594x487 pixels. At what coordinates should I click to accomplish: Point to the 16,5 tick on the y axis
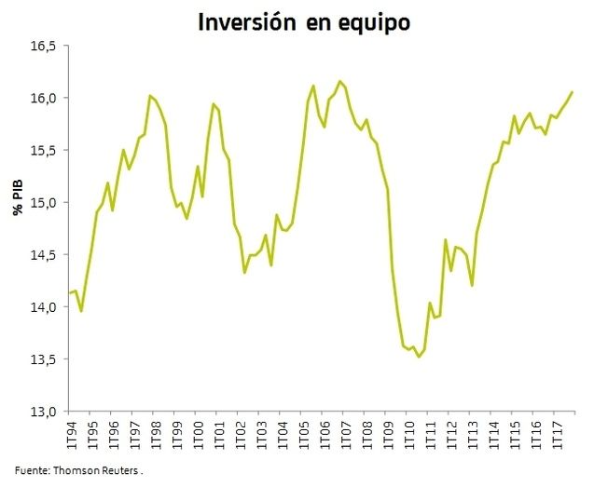click(x=43, y=46)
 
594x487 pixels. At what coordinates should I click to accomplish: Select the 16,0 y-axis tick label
click(x=43, y=98)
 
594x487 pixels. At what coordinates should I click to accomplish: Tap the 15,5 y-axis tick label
click(x=43, y=150)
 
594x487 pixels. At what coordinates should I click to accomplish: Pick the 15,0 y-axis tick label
click(x=43, y=202)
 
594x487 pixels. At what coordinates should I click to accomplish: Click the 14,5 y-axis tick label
click(x=43, y=254)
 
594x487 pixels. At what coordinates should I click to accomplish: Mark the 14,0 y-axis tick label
click(x=43, y=306)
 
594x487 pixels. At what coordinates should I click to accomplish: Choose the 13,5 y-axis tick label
click(x=43, y=358)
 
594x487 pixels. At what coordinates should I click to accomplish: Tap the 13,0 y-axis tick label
click(x=43, y=411)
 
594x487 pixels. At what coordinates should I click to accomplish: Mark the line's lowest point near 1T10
click(x=419, y=357)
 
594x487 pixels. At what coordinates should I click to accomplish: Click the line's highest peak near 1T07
click(x=339, y=82)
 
